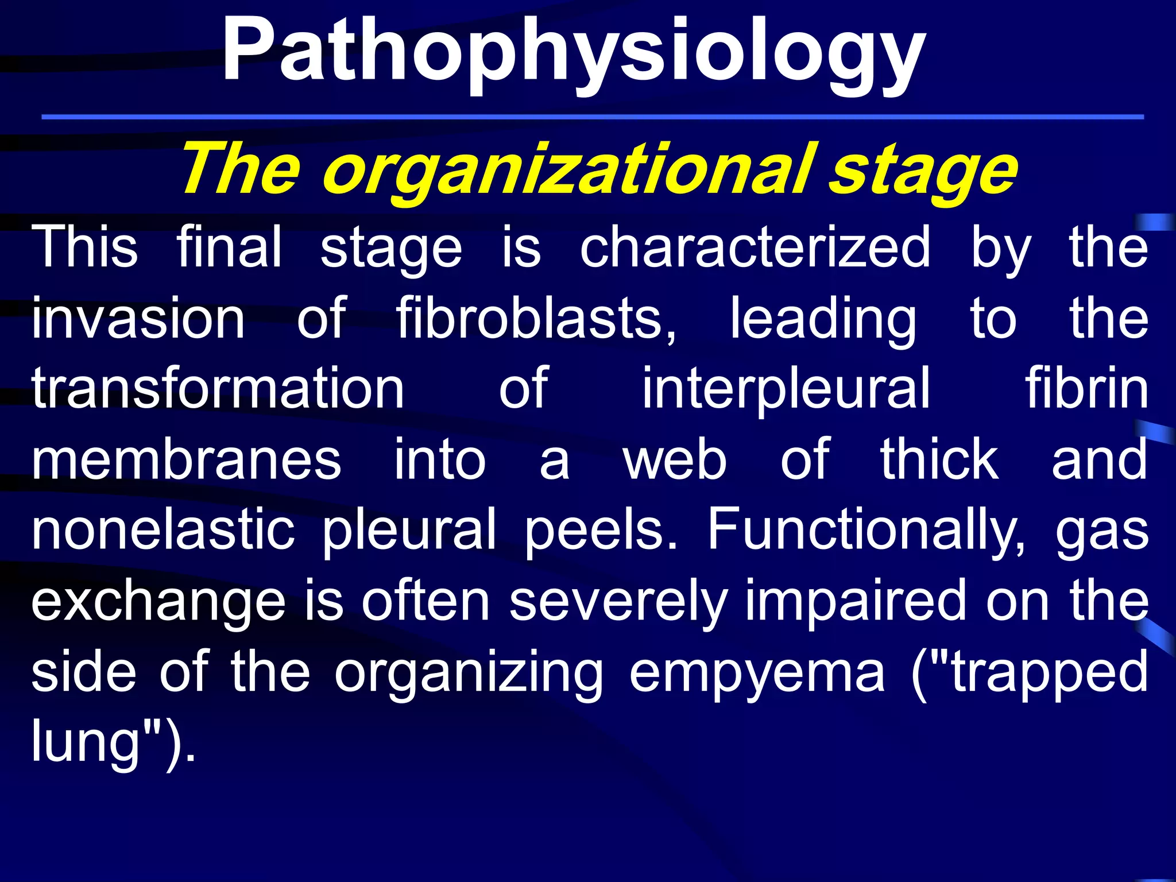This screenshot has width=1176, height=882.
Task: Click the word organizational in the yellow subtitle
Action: (568, 171)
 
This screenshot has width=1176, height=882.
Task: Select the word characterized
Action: (755, 247)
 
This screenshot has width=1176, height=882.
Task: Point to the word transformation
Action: (218, 389)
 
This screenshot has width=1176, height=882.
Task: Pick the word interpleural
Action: (786, 389)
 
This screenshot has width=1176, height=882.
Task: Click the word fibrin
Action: (1087, 389)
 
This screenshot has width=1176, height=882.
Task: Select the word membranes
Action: (187, 460)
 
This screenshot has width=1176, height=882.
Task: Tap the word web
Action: (675, 460)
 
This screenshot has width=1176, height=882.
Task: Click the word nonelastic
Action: (163, 530)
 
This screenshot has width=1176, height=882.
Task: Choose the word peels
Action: (601, 530)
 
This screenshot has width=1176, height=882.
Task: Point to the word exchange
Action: (158, 602)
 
